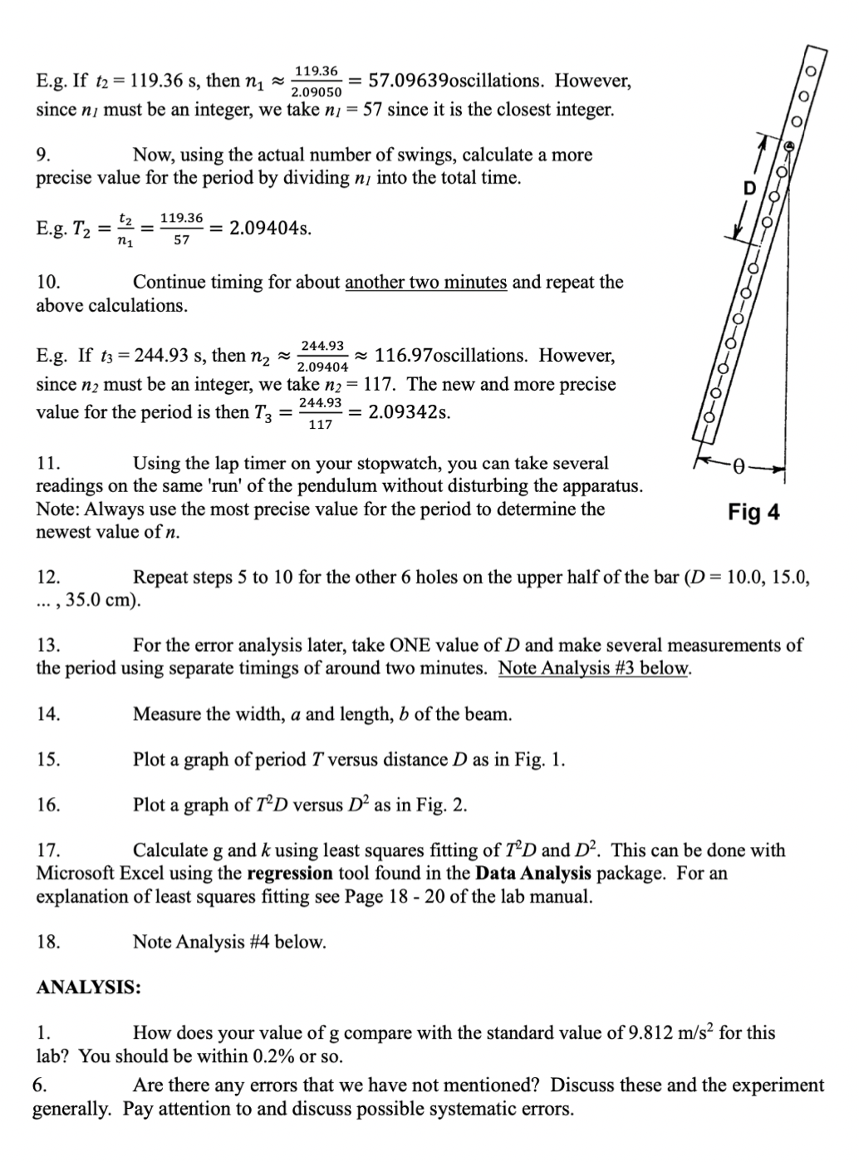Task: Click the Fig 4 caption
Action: point(753,512)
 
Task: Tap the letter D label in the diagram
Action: point(749,189)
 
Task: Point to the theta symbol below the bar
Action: point(736,466)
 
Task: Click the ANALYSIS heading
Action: point(88,987)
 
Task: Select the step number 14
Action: point(48,714)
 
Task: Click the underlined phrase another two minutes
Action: point(425,282)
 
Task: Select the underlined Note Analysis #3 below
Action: point(594,668)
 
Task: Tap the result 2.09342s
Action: point(410,412)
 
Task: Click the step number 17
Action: point(48,850)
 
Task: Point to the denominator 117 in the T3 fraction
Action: point(321,425)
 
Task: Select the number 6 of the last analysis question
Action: point(38,1086)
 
